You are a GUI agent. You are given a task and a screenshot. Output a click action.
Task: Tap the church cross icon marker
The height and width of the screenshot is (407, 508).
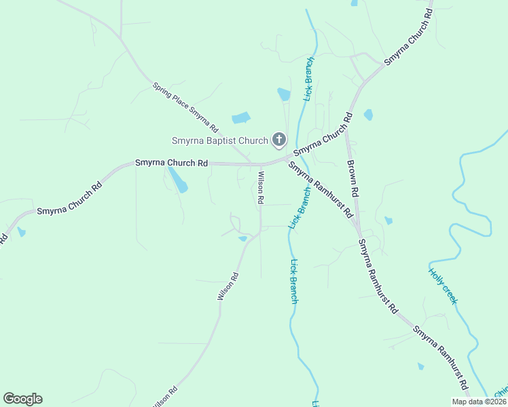[x=278, y=140]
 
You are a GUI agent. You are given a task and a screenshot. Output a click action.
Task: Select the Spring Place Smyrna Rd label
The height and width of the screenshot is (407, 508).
[x=185, y=107]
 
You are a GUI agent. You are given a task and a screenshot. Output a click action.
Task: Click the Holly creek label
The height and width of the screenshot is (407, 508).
[x=443, y=286]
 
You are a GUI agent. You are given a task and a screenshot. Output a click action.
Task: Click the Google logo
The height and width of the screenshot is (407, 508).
[x=22, y=399]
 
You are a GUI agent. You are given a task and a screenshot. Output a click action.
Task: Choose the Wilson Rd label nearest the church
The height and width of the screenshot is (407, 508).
[x=259, y=188]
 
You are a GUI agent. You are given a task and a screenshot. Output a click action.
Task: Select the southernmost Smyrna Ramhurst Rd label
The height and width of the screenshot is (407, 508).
[x=440, y=358]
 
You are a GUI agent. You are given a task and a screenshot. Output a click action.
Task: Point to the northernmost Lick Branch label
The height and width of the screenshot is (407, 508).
[x=310, y=79]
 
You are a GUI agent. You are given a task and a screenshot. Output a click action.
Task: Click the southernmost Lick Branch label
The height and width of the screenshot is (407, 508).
[x=293, y=281]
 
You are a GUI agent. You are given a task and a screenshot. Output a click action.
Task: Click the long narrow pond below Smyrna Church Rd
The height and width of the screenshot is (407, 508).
[x=178, y=180]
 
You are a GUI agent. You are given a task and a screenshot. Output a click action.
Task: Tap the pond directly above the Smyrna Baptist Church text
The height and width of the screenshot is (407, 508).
[x=241, y=118]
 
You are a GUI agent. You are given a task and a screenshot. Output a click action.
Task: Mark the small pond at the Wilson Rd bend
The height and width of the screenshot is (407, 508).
[x=242, y=238]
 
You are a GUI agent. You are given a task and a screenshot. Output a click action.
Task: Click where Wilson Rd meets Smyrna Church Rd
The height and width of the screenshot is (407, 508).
[x=261, y=164]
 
